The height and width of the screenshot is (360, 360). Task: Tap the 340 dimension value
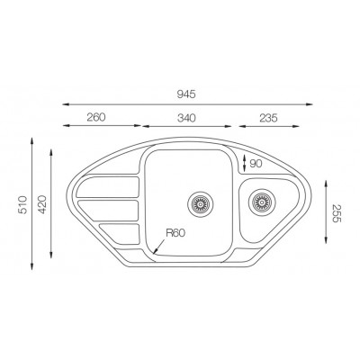[187, 116]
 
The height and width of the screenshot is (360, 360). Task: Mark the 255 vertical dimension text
[337, 213]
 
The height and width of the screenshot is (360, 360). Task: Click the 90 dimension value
[256, 163]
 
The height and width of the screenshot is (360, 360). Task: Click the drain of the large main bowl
[201, 202]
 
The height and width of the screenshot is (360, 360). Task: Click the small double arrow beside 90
[246, 162]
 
